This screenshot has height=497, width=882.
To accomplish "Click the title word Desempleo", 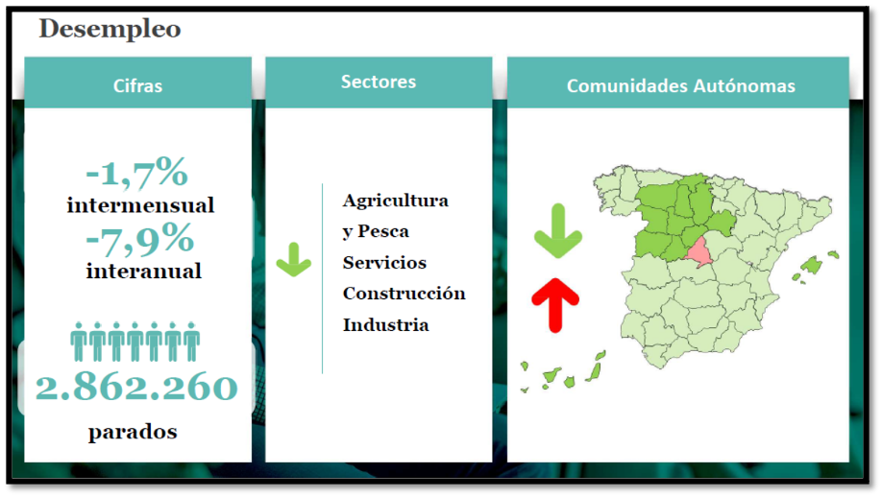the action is point(110,29).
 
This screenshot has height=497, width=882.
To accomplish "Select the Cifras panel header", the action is point(137,83).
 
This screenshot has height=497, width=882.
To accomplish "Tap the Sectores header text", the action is point(379,82).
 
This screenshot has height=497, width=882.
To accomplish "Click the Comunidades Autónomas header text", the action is point(680,86).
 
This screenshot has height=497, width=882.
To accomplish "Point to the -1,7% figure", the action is point(136,173).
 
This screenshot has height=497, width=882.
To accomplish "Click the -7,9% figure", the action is point(140,239).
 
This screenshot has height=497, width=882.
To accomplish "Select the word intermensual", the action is point(140,205).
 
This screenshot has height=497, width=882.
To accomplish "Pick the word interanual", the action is point(144,272).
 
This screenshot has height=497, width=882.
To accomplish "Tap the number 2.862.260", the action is point(136,387).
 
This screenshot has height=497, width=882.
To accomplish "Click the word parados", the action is point(133,433).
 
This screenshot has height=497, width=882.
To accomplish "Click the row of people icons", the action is point(135,342).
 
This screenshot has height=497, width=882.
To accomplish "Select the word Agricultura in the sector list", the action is point(396,201).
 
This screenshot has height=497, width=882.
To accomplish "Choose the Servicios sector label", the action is point(384,263).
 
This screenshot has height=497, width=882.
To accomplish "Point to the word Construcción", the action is point(404,294).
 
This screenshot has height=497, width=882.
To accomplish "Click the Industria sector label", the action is point(386,325).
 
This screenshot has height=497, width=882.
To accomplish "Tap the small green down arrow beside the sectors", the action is point(294,259).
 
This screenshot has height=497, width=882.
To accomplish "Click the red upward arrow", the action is point(555,305).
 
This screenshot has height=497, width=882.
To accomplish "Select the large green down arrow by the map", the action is point(558,231).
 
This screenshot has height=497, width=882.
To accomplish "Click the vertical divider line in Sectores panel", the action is point(322,278).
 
